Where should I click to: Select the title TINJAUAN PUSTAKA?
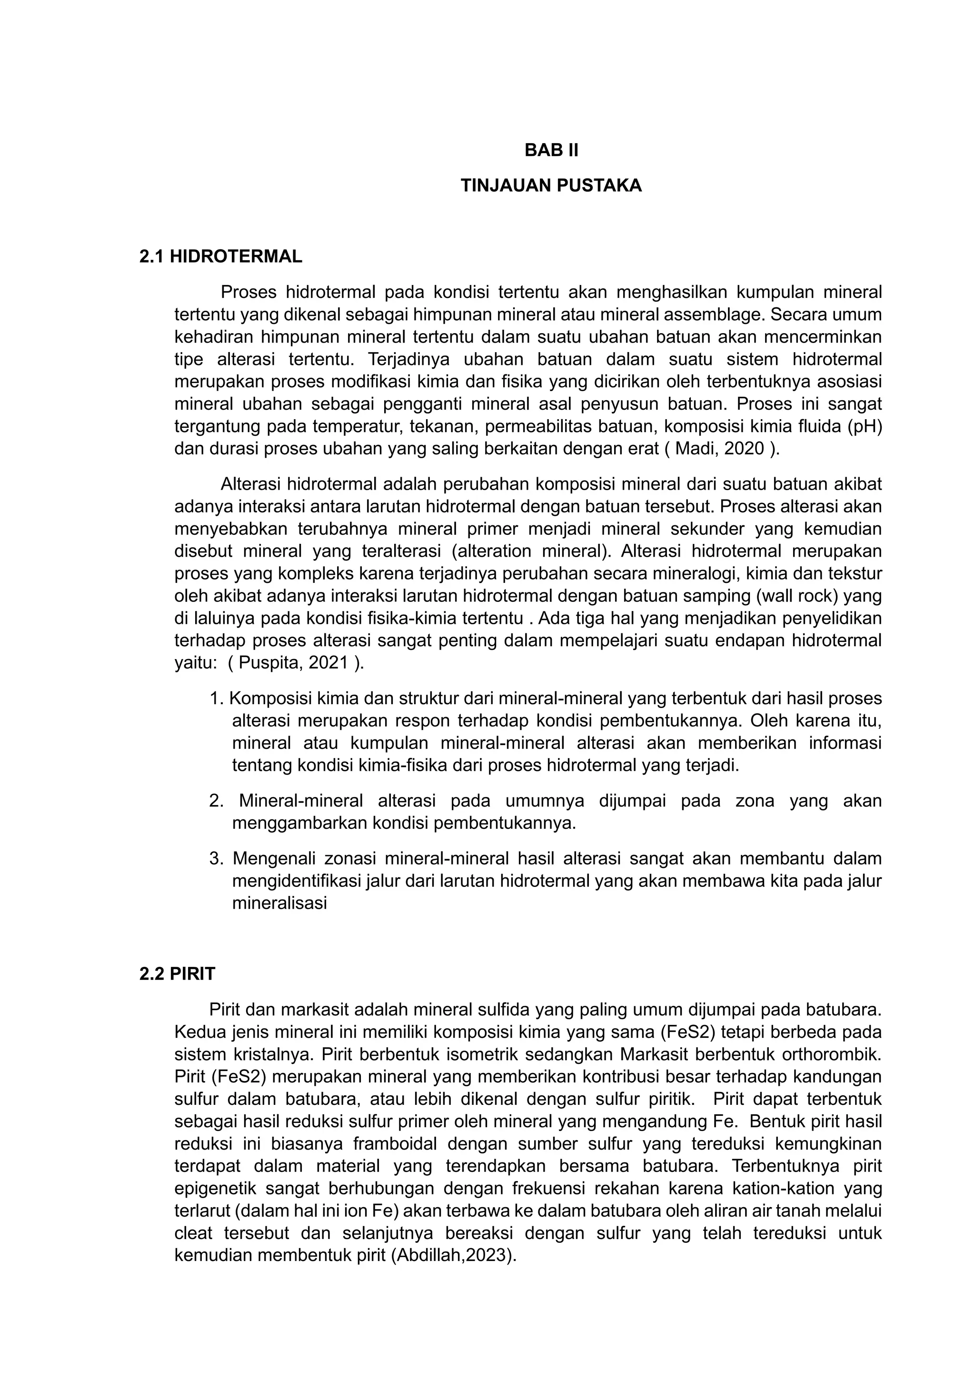coord(551,186)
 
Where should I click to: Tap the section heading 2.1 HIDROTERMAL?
coord(220,256)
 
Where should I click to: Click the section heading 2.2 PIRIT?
coord(177,974)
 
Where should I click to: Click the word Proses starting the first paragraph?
coord(248,292)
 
